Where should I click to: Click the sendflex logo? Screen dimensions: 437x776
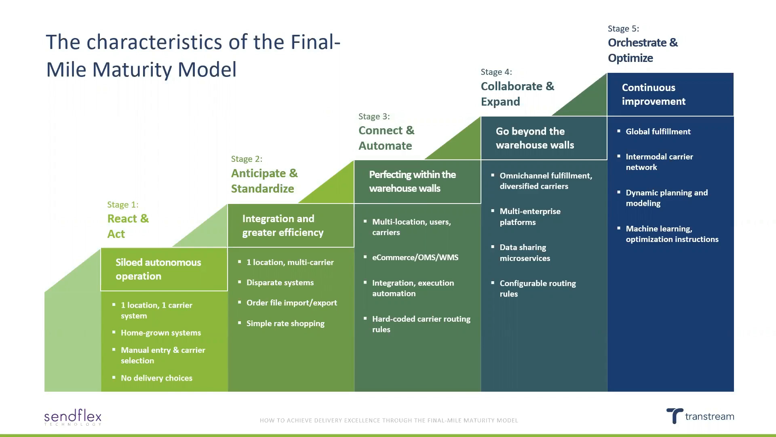click(x=73, y=417)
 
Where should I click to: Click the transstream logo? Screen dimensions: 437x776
click(x=700, y=416)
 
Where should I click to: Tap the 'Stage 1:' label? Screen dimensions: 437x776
click(x=122, y=205)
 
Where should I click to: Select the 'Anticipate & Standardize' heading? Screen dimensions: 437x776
click(x=264, y=181)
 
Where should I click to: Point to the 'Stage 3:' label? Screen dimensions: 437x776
click(x=374, y=117)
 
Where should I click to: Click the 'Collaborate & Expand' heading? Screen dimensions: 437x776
click(x=517, y=94)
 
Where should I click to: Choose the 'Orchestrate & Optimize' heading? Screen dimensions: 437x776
click(x=643, y=50)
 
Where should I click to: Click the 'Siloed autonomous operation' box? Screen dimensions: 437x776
click(x=164, y=269)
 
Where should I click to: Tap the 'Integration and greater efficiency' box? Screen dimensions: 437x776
click(x=291, y=225)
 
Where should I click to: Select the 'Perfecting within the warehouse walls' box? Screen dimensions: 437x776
click(x=417, y=181)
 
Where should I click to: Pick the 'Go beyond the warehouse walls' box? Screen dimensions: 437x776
click(x=544, y=138)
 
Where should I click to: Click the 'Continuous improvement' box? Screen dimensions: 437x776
click(x=670, y=94)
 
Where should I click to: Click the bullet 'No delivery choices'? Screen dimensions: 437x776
click(x=156, y=378)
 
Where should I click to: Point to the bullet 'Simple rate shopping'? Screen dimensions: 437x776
click(x=285, y=323)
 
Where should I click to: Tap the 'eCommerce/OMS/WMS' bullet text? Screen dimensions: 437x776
click(x=415, y=257)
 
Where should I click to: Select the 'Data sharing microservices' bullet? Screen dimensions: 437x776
click(x=525, y=252)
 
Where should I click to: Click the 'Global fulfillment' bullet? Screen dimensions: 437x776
click(x=658, y=132)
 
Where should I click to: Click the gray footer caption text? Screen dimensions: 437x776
click(x=388, y=420)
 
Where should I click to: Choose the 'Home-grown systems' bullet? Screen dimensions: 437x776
click(x=160, y=333)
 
